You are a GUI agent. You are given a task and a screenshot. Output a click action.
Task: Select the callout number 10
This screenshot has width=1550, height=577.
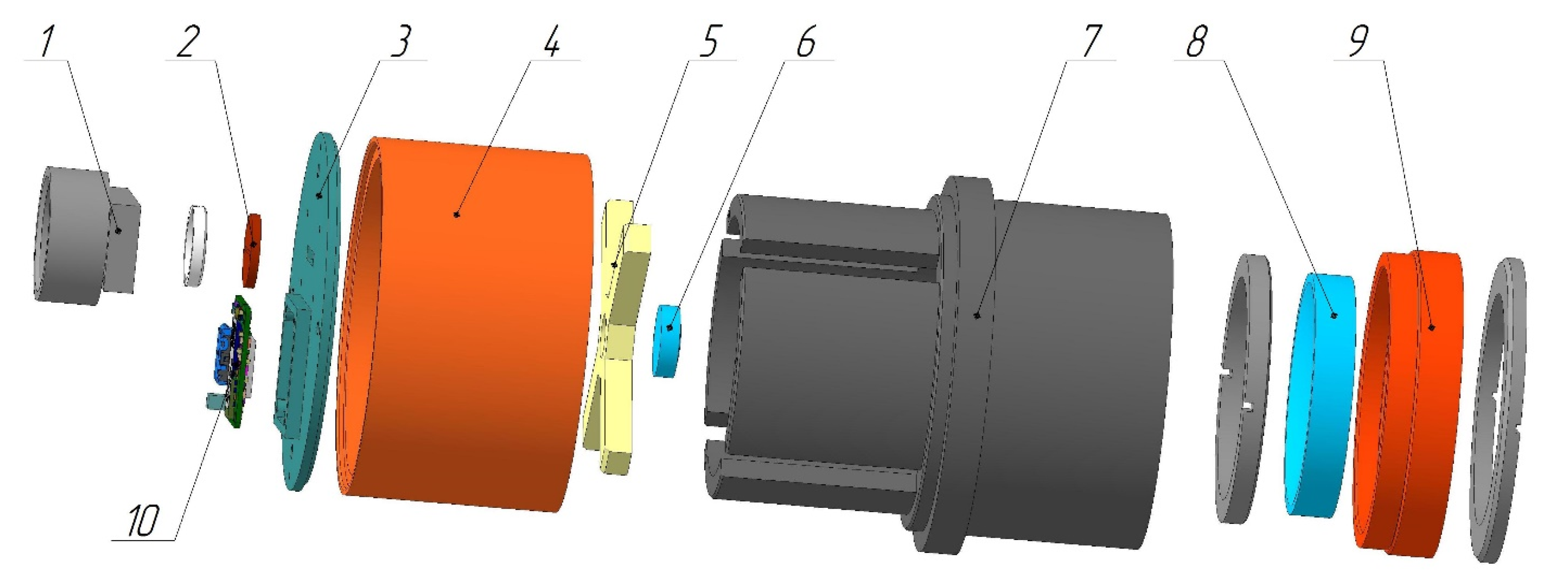(143, 521)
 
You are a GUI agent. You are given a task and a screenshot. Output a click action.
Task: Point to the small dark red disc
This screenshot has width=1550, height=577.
(252, 250)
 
